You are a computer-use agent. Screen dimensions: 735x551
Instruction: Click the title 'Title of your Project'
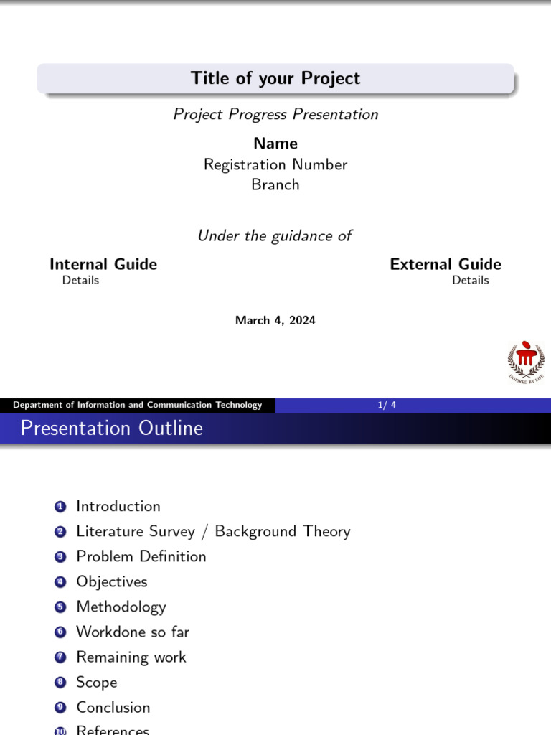(275, 78)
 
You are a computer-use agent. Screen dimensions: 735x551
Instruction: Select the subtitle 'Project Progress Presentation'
(275, 114)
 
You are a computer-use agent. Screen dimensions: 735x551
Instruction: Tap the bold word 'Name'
(275, 144)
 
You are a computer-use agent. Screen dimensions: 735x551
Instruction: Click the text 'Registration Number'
(275, 164)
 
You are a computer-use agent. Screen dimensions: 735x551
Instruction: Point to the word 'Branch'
(275, 184)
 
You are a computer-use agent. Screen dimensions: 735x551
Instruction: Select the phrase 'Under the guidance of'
(275, 236)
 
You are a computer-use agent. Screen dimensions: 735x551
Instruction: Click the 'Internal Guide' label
(103, 264)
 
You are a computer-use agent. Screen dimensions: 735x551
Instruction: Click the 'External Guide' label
(446, 264)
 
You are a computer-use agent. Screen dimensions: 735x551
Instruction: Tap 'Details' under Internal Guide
(80, 281)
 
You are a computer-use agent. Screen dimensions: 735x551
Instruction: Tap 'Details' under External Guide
(470, 281)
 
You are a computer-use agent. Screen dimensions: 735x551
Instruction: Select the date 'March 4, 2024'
(275, 321)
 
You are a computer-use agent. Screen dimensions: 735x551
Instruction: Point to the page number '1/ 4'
(387, 406)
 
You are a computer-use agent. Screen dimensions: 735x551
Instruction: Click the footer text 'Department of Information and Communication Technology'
(138, 406)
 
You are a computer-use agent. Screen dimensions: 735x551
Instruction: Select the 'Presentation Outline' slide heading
(112, 429)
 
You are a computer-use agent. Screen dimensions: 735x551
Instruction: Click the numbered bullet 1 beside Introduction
(60, 507)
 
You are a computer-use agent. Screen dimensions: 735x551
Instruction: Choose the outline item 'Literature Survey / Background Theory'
(213, 532)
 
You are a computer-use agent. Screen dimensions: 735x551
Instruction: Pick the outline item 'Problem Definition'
(141, 557)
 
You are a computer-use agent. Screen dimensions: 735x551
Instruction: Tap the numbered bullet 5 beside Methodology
(60, 607)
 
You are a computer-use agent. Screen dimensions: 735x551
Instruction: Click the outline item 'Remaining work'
(131, 657)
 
